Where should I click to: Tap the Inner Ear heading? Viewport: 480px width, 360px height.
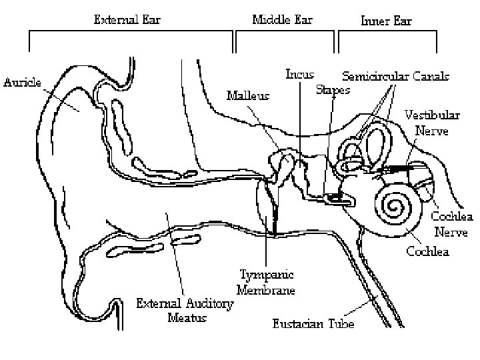tap(387, 20)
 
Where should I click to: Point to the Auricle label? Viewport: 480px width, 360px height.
tap(23, 83)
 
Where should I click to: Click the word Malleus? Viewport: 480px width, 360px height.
tap(248, 95)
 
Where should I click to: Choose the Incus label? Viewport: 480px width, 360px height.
tap(300, 74)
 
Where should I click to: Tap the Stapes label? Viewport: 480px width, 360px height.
tap(333, 90)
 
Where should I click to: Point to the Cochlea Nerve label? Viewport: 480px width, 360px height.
tap(451, 224)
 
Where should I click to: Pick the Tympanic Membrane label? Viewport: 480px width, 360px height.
tap(266, 283)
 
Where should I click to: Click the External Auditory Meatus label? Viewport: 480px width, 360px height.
tap(186, 311)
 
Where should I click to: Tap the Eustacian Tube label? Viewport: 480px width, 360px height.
tap(313, 325)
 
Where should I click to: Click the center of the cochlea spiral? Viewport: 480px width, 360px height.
tap(395, 208)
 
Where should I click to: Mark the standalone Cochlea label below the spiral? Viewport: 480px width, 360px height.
tap(427, 251)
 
